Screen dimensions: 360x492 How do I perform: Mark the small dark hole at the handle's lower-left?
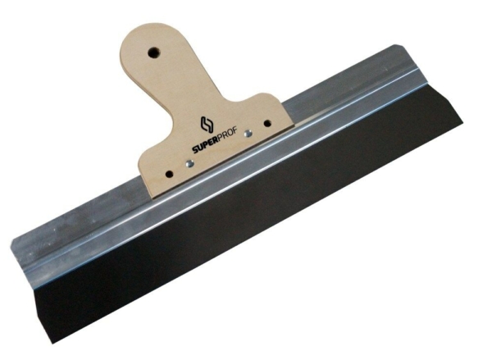click(x=169, y=174)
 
